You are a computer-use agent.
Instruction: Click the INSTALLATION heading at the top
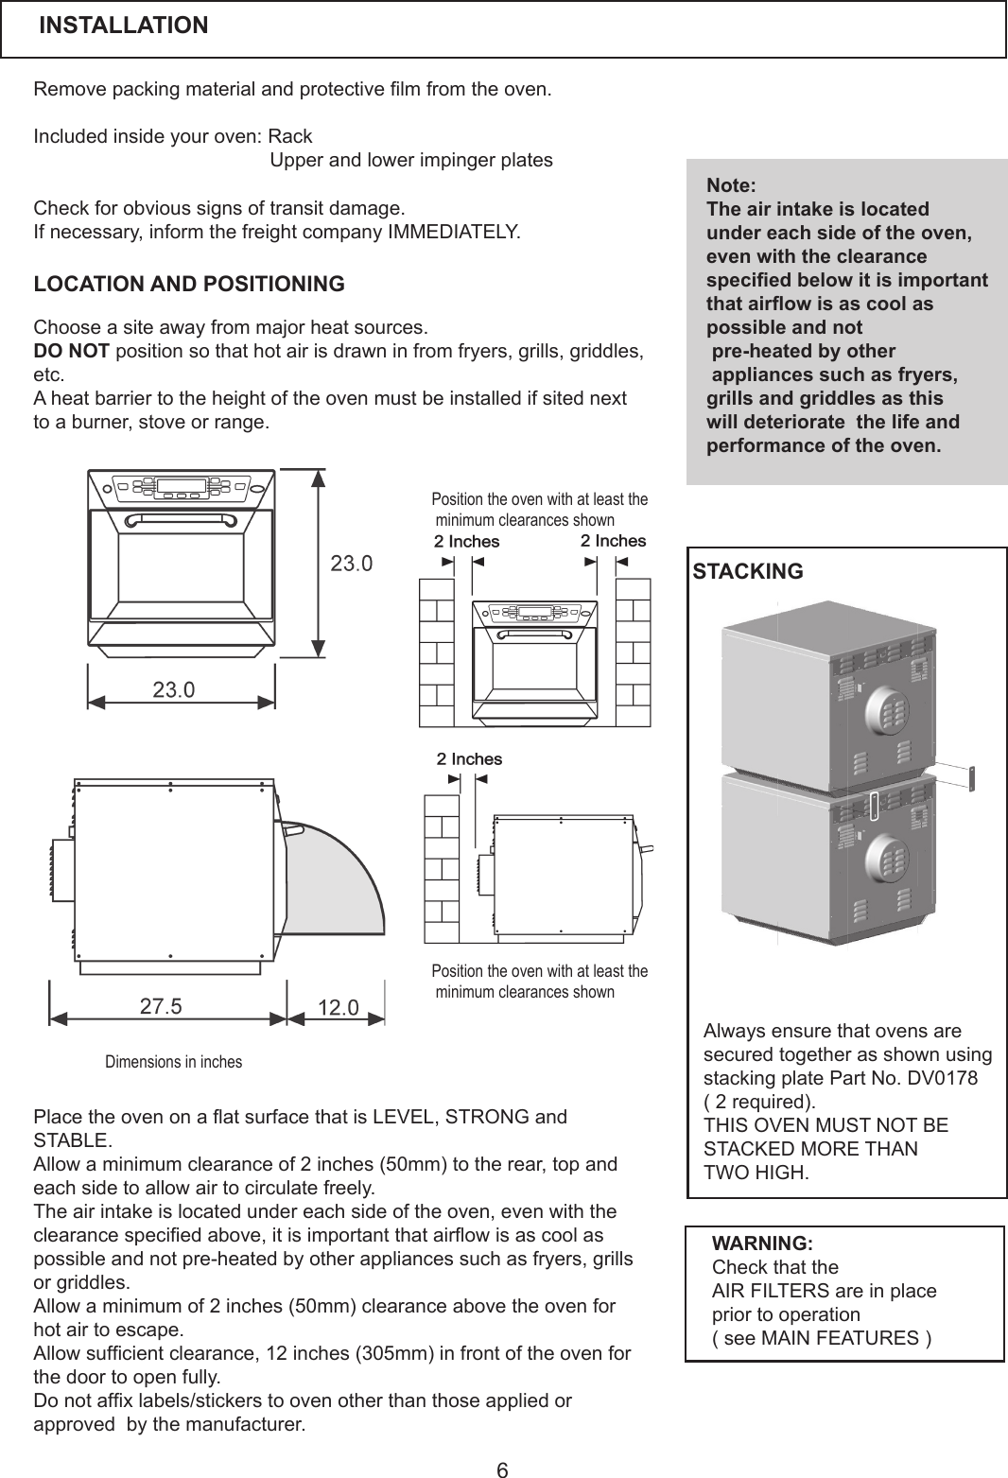tap(123, 26)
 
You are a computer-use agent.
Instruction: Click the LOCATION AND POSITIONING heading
tap(189, 284)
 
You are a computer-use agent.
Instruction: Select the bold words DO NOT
tap(72, 352)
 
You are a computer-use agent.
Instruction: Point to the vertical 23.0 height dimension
tap(351, 565)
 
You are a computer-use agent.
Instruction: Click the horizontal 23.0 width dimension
tap(174, 689)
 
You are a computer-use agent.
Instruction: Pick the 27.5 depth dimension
tap(161, 1006)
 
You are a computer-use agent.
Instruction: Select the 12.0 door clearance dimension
tap(338, 1008)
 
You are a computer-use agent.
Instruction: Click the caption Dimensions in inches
tap(173, 1062)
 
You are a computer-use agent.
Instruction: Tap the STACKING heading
tap(748, 571)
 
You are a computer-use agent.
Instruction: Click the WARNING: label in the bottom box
tap(762, 1243)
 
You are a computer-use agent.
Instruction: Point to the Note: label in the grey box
tap(731, 185)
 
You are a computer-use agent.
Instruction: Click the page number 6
tap(503, 1469)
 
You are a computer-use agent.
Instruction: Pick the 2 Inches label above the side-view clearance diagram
tap(469, 759)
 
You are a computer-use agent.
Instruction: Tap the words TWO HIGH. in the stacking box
tap(756, 1174)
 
